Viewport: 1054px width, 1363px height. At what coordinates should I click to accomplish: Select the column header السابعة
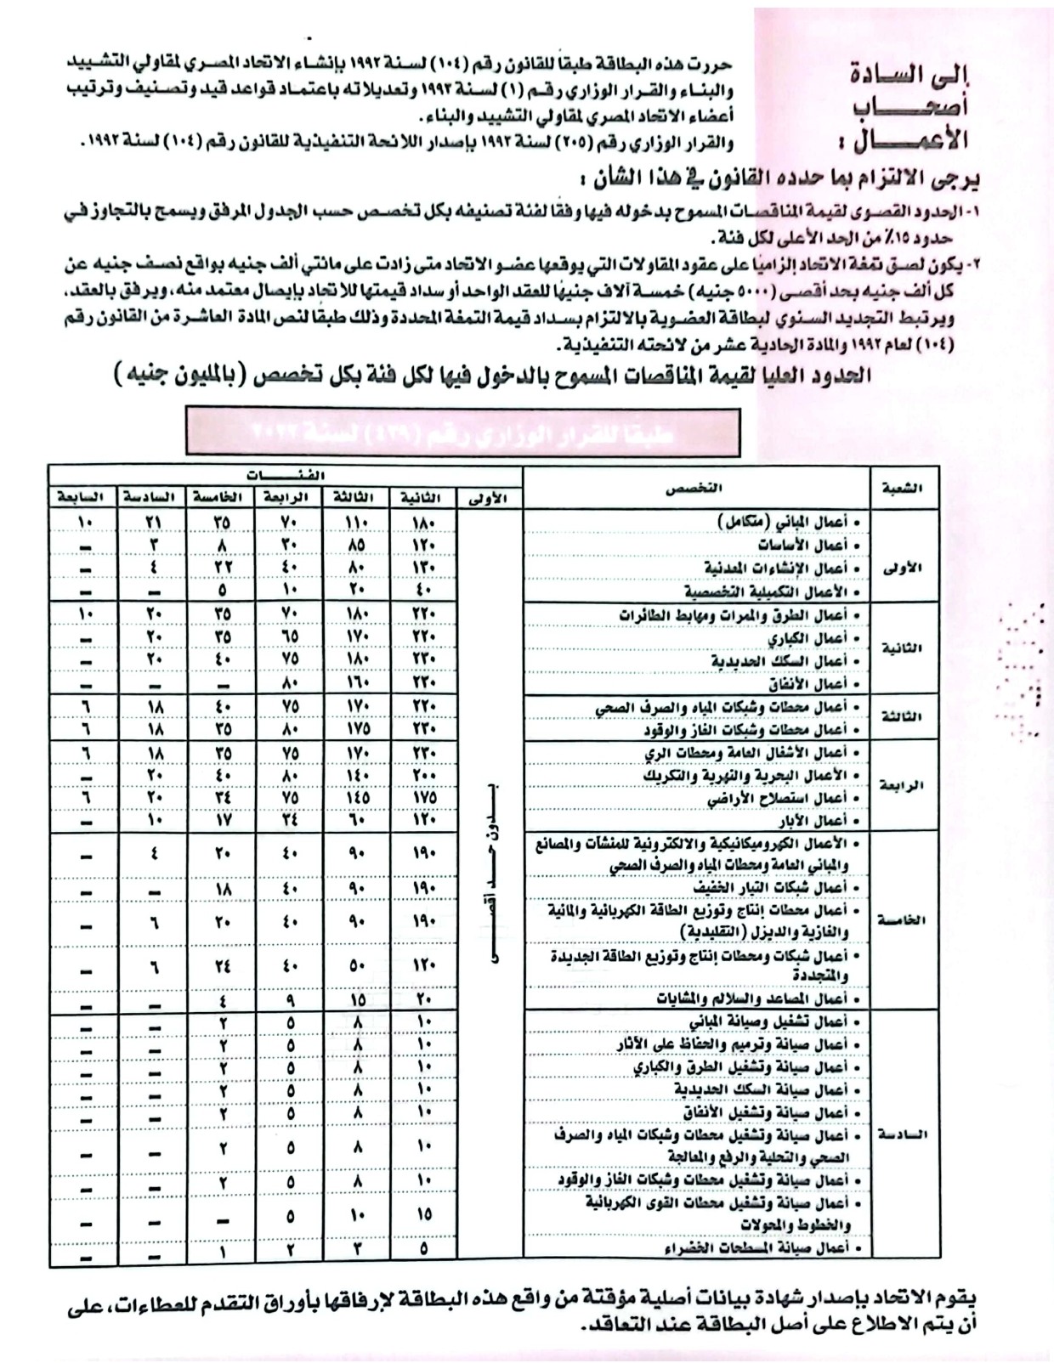(80, 497)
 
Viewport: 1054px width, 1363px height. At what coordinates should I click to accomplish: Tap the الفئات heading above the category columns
(286, 476)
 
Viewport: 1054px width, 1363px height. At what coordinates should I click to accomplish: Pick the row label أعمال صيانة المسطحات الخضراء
(768, 1247)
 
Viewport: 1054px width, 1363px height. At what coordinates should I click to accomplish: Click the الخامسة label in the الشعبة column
(901, 920)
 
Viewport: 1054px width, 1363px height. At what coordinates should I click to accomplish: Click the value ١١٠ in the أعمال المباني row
(356, 522)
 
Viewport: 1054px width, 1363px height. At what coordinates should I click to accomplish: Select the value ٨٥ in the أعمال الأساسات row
(356, 545)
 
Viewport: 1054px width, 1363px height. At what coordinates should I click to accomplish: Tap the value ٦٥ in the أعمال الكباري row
(290, 637)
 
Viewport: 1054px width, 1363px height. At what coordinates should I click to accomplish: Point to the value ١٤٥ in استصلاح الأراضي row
(356, 798)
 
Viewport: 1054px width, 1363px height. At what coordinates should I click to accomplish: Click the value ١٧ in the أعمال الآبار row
(222, 821)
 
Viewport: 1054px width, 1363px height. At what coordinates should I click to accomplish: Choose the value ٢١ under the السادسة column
(154, 522)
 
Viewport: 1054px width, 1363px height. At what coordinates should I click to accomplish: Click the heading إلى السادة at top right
(909, 74)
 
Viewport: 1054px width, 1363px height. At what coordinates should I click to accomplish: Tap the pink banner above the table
(462, 433)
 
